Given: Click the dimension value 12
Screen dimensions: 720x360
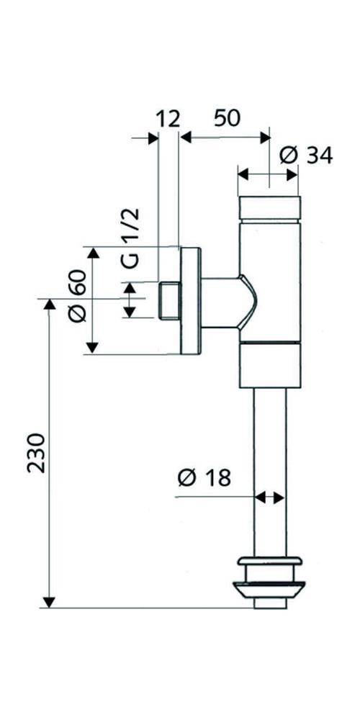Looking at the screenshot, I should coord(167,119).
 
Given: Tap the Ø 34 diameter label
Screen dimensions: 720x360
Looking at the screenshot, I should coord(306,155).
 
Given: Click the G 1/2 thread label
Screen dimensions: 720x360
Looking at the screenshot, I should coord(130,237).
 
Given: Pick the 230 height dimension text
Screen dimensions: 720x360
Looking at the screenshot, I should coord(36,452).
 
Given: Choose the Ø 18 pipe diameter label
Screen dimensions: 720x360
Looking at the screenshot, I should coord(204,477).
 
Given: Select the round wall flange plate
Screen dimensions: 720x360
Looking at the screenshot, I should coord(190,300).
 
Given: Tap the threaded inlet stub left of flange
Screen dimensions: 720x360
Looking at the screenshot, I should coord(168,301).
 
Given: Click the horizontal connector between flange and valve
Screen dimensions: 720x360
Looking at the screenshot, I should coord(220,302).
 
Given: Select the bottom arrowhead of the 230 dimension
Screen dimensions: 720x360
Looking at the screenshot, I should coord(49,602).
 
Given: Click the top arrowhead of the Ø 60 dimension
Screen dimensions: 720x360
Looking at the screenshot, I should coord(92,252).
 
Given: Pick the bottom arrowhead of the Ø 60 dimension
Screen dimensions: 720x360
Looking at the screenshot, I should coord(92,348).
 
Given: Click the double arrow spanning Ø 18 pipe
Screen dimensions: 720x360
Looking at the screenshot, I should coord(271,497).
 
